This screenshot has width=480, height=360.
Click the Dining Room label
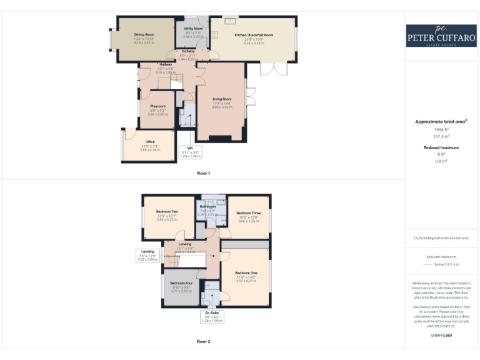(x=144, y=35)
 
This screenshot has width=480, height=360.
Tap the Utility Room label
(x=193, y=29)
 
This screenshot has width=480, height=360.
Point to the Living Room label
(x=222, y=99)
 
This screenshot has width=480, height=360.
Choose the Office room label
(x=150, y=142)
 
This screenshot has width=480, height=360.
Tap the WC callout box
(x=189, y=152)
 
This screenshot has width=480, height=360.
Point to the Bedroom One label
(x=246, y=273)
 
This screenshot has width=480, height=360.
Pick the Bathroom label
(x=207, y=206)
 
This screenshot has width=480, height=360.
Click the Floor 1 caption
(x=204, y=172)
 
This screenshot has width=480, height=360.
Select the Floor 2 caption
(x=204, y=341)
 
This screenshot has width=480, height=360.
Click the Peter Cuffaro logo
(x=441, y=35)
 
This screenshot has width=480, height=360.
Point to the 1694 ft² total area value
(x=441, y=129)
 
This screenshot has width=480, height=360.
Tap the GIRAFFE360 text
(x=441, y=336)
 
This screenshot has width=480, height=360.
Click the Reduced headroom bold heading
(x=441, y=147)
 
